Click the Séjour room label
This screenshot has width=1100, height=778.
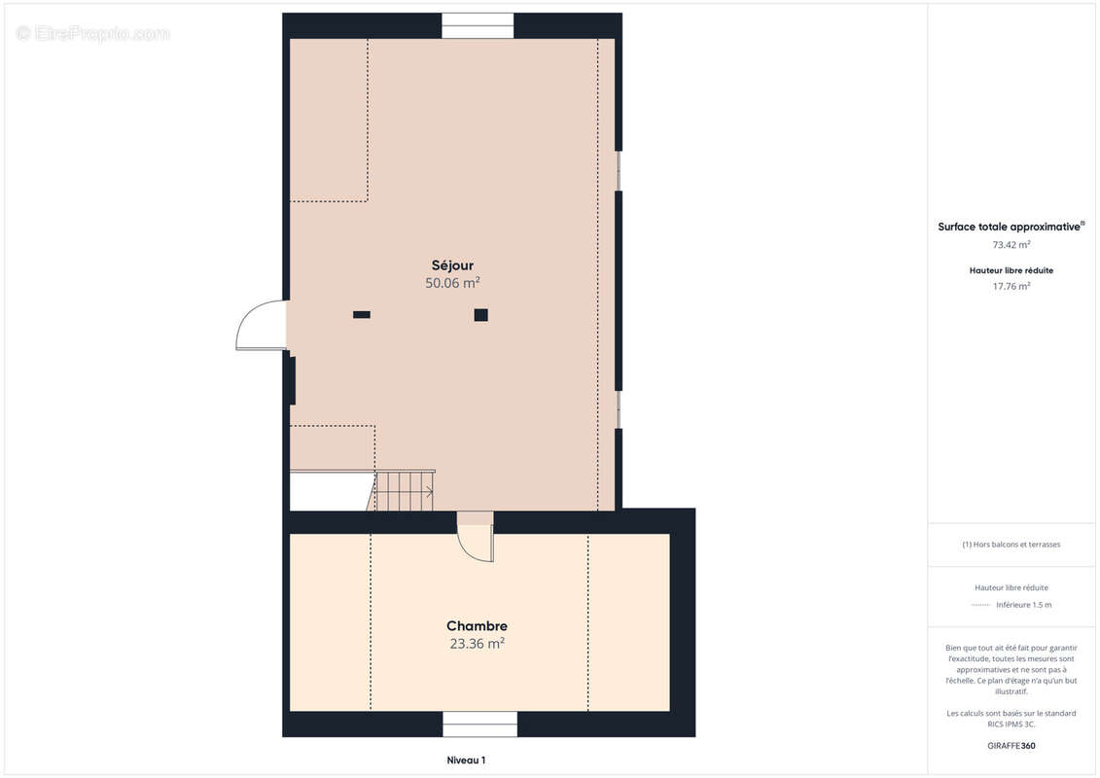coord(452,265)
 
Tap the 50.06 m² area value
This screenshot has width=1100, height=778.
coord(452,283)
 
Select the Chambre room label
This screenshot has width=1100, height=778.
coord(477,625)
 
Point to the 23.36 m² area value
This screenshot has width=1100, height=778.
coord(477,643)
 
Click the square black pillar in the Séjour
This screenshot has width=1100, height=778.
coord(480,315)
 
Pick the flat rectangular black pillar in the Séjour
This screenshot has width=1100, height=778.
coord(361,315)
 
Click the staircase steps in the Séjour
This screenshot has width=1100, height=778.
coord(405,491)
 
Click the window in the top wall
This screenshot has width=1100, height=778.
coord(478,26)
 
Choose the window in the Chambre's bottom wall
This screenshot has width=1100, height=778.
coord(479,724)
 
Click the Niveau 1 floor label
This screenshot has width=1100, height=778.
coord(466,760)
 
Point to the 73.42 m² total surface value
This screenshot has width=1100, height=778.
coord(1011,245)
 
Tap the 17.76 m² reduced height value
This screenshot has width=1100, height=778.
coord(1011,286)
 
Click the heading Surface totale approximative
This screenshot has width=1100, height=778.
coord(1009,227)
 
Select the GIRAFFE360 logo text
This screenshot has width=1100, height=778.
coord(1011,746)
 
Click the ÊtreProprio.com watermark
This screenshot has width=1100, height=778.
coord(92,33)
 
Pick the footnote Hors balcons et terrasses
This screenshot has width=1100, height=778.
coord(1015,545)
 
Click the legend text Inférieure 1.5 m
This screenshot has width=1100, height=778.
coord(1023,605)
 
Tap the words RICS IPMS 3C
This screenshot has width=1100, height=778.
coord(1011,724)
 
